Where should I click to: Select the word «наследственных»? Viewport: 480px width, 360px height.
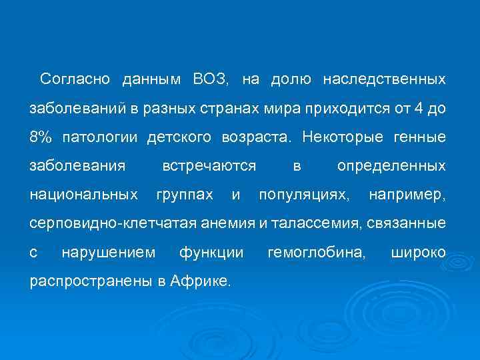pyautogui.click(x=384, y=80)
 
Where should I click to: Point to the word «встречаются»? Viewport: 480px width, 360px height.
pyautogui.click(x=209, y=166)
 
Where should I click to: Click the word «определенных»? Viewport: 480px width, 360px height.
pyautogui.click(x=391, y=166)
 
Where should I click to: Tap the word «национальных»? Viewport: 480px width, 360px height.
pyautogui.click(x=84, y=195)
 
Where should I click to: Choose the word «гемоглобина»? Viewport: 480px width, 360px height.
pyautogui.click(x=316, y=253)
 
